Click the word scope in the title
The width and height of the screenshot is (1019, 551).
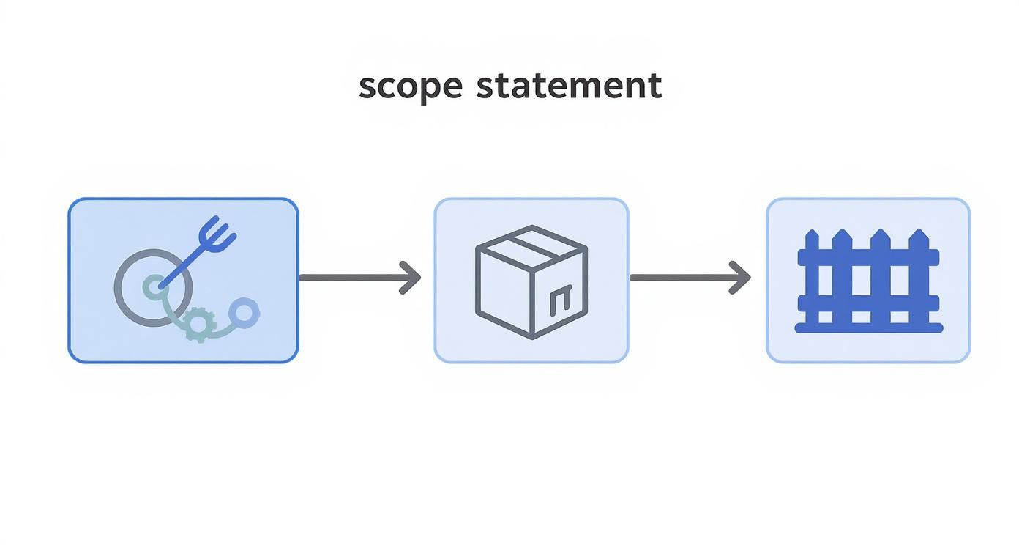(x=411, y=86)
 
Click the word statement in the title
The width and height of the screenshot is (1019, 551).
(x=569, y=86)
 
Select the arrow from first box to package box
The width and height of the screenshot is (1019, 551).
(x=359, y=278)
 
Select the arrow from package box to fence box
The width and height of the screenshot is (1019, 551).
(x=688, y=278)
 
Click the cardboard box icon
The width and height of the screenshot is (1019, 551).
(x=531, y=281)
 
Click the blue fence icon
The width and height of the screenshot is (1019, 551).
(x=868, y=281)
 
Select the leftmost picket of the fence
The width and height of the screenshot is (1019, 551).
(x=812, y=278)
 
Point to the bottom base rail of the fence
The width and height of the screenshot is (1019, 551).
(x=869, y=328)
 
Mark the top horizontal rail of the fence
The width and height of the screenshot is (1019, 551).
(x=868, y=257)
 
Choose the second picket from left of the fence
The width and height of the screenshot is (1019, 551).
(x=847, y=278)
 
